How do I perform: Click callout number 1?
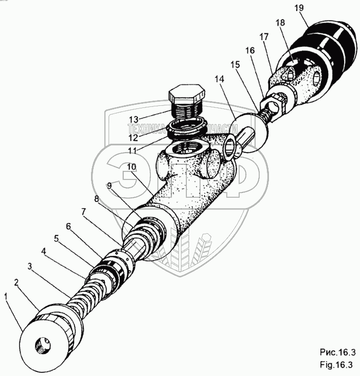pyautogui.click(x=6, y=296)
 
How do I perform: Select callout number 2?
pyautogui.click(x=16, y=282)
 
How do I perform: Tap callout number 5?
pyautogui.click(x=57, y=239)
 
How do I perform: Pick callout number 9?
pyautogui.click(x=109, y=185)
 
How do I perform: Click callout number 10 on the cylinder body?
pyautogui.click(x=131, y=167)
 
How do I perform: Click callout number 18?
pyautogui.click(x=280, y=24)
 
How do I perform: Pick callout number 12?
pyautogui.click(x=134, y=137)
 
